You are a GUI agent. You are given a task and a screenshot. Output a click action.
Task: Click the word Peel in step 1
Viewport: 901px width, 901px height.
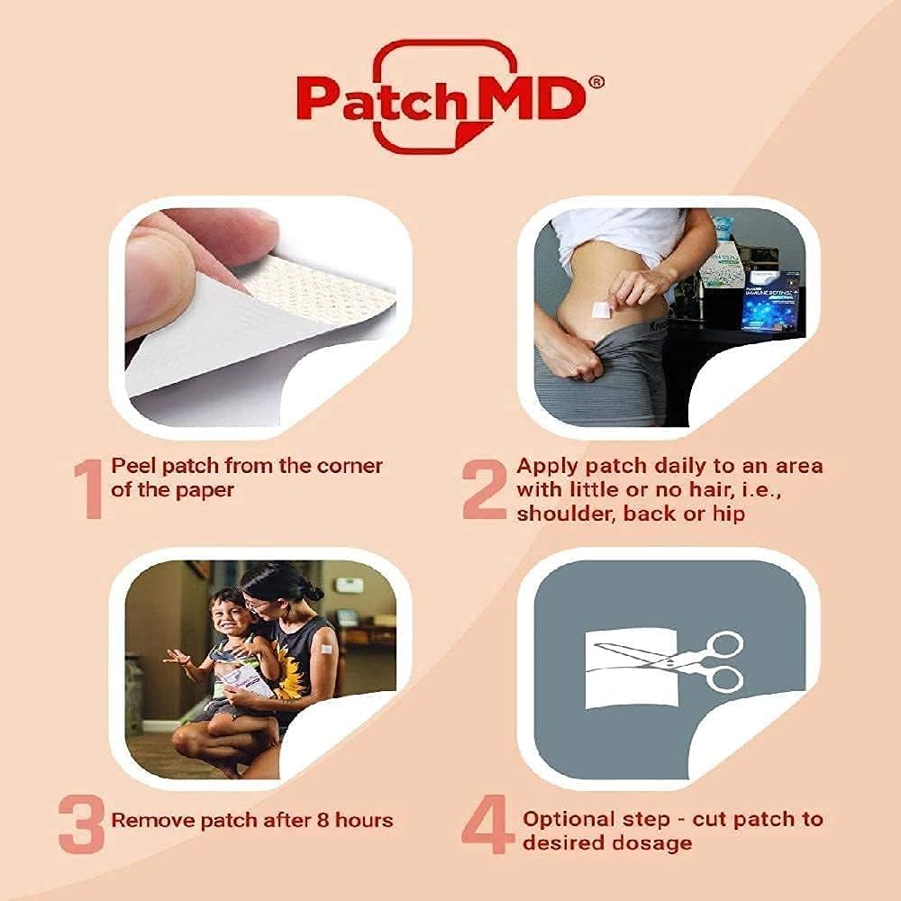(x=130, y=466)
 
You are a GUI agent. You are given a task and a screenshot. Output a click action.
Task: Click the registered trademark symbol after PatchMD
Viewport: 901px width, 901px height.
(x=596, y=81)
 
